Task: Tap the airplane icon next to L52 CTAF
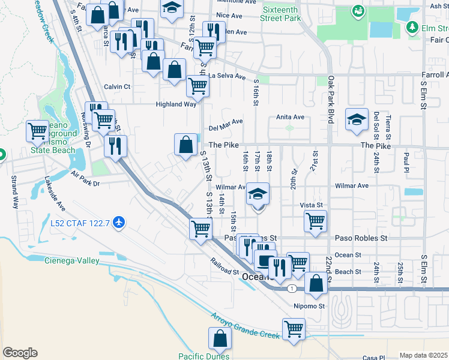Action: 119,223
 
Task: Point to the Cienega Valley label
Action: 72,260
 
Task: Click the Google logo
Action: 20,353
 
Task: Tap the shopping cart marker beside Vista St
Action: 315,220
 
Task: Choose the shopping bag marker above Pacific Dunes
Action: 220,338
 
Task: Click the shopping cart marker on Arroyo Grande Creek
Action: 294,328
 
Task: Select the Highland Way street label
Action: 176,104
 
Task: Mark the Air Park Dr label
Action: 85,178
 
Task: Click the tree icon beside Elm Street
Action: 412,27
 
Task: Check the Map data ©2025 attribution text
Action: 423,355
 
